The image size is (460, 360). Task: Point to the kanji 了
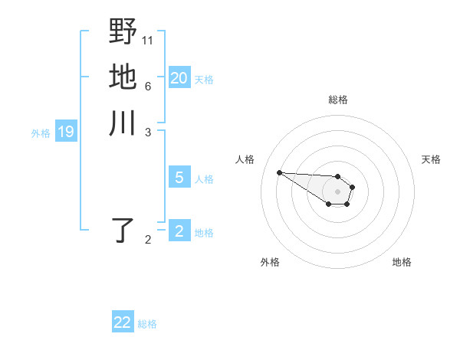pyautogui.click(x=123, y=230)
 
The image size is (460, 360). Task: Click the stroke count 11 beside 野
pyautogui.click(x=148, y=39)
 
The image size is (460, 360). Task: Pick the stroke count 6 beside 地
pyautogui.click(x=147, y=86)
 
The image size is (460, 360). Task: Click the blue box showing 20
pyautogui.click(x=179, y=77)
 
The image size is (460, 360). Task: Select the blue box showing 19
pyautogui.click(x=66, y=132)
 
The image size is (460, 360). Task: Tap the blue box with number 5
pyautogui.click(x=179, y=178)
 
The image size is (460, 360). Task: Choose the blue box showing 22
pyautogui.click(x=123, y=322)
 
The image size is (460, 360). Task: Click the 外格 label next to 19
pyautogui.click(x=41, y=133)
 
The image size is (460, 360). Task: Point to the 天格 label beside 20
pyautogui.click(x=204, y=79)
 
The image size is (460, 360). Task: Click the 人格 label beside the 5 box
pyautogui.click(x=204, y=179)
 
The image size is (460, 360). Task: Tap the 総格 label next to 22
pyautogui.click(x=147, y=324)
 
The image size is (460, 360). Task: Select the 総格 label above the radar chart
pyautogui.click(x=338, y=100)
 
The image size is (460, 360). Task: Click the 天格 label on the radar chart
pyautogui.click(x=431, y=159)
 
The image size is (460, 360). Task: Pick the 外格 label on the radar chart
pyautogui.click(x=270, y=262)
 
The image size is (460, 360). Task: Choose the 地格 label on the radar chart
pyautogui.click(x=402, y=262)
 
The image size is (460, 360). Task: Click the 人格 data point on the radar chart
pyautogui.click(x=279, y=172)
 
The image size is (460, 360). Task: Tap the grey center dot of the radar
pyautogui.click(x=337, y=191)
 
